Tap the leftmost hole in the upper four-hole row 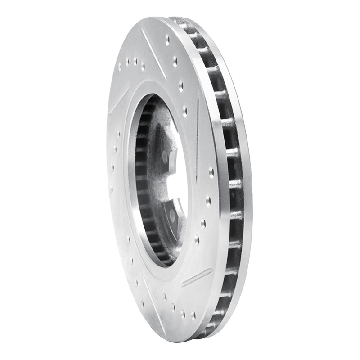pyautogui.click(x=120, y=67)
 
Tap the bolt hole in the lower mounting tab pyautogui.click(x=173, y=216)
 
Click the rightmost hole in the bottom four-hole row pyautogui.click(x=193, y=315)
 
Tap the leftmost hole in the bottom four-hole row pyautogui.click(x=165, y=297)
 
